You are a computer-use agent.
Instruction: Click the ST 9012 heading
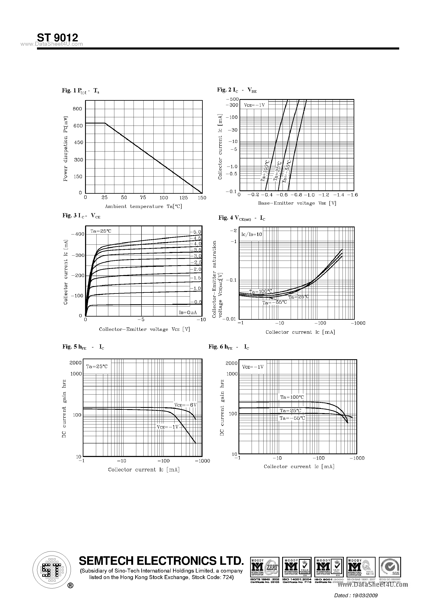pyautogui.click(x=57, y=38)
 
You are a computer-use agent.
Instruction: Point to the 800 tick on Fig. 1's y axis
pyautogui.click(x=78, y=109)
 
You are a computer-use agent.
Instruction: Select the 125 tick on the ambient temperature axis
pyautogui.click(x=183, y=198)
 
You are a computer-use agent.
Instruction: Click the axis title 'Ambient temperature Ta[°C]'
pyautogui.click(x=143, y=206)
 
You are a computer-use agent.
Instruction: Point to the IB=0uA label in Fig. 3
pyautogui.click(x=188, y=312)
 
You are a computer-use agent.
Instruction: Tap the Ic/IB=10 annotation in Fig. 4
pyautogui.click(x=252, y=234)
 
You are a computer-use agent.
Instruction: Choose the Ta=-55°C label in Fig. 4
pyautogui.click(x=274, y=303)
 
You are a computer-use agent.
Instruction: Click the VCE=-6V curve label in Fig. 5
pyautogui.click(x=185, y=405)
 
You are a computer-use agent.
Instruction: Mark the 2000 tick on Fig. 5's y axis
pyautogui.click(x=76, y=363)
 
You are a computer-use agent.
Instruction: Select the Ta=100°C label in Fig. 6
pyautogui.click(x=292, y=397)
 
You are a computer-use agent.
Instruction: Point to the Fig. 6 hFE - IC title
pyautogui.click(x=229, y=347)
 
